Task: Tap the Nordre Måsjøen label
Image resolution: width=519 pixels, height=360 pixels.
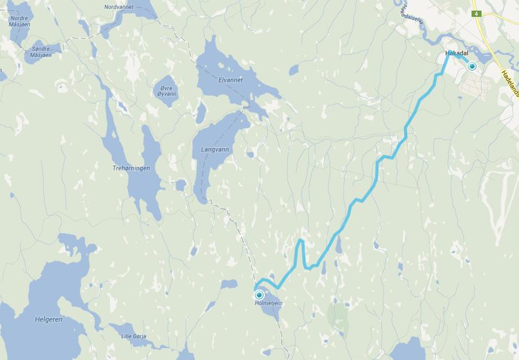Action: pyautogui.click(x=19, y=21)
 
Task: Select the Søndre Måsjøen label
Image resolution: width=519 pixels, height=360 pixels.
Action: pyautogui.click(x=41, y=52)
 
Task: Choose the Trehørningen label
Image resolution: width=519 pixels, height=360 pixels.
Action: pyautogui.click(x=131, y=168)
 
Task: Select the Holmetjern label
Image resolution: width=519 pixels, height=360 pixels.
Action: pyautogui.click(x=269, y=303)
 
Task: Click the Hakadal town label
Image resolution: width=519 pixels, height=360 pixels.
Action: pyautogui.click(x=457, y=54)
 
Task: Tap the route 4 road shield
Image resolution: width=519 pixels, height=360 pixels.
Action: pyautogui.click(x=477, y=13)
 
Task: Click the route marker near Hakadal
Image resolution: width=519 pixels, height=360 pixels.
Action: pyautogui.click(x=472, y=66)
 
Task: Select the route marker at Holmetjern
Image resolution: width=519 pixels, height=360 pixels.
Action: pyautogui.click(x=259, y=294)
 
